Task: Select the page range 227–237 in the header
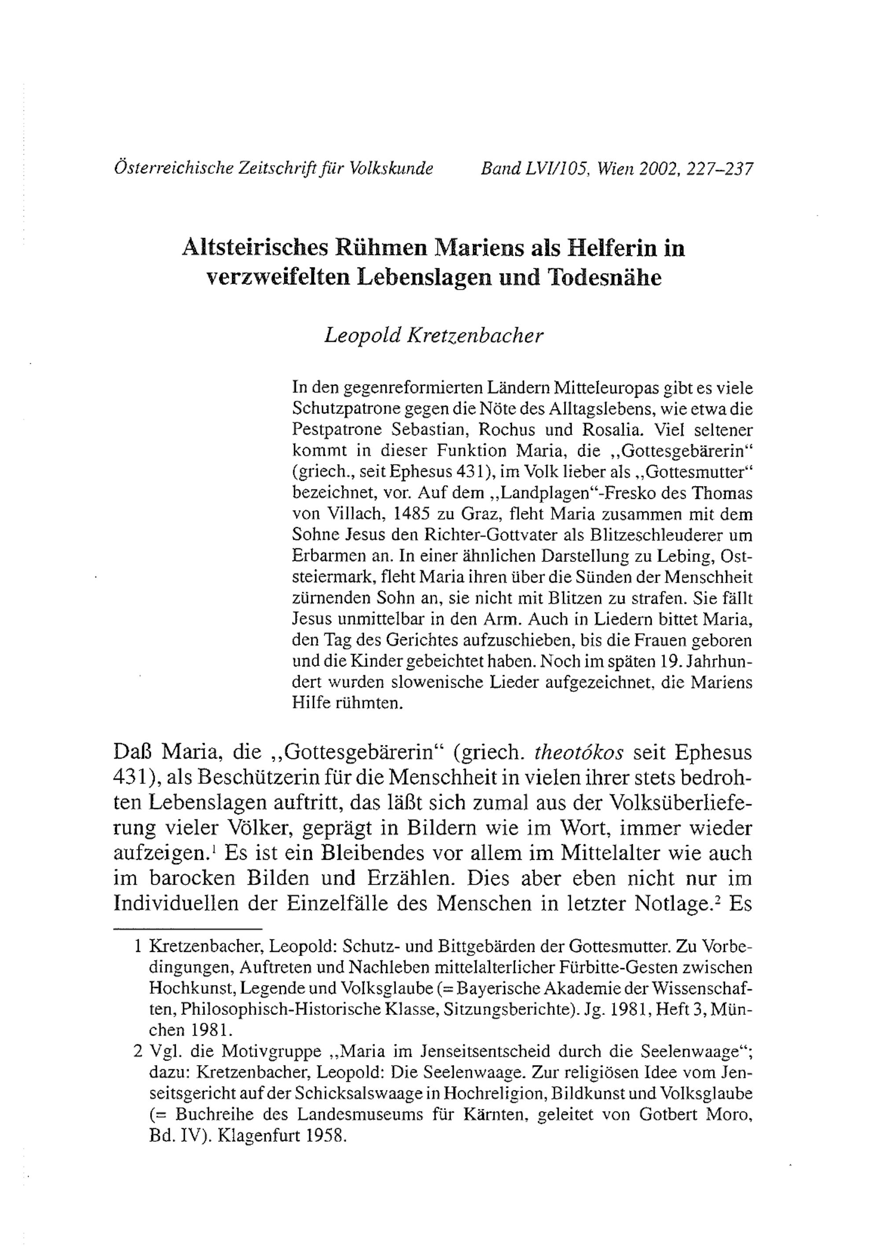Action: pyautogui.click(x=720, y=169)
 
